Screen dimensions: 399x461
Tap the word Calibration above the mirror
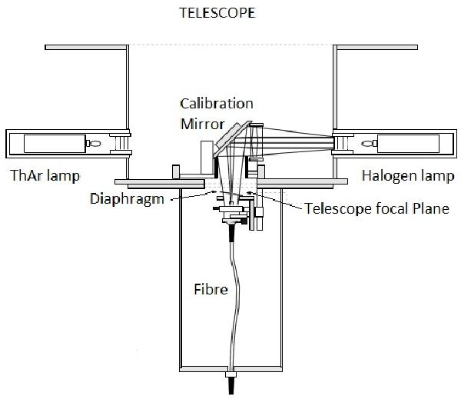(x=217, y=102)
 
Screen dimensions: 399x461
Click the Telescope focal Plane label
(x=376, y=208)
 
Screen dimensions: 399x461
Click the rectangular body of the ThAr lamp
(x=53, y=143)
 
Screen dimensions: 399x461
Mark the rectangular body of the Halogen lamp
(x=406, y=142)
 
